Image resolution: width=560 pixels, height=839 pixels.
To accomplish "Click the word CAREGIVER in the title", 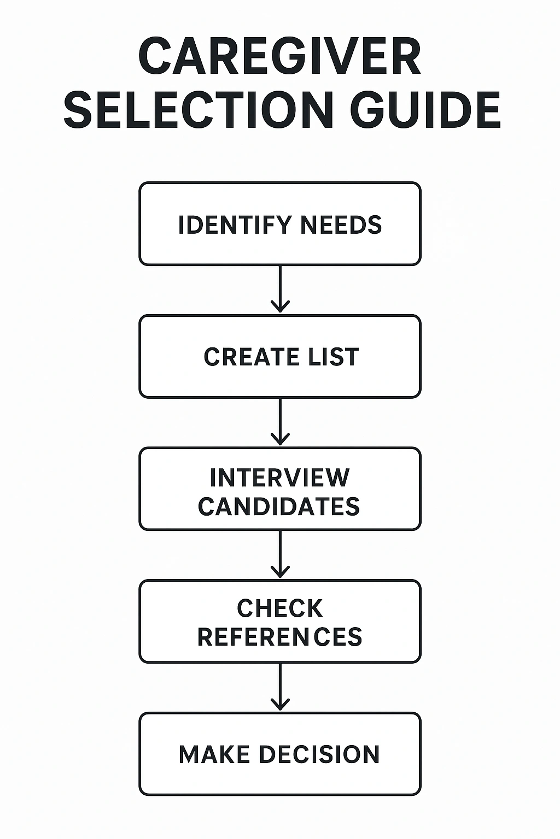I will (x=279, y=57).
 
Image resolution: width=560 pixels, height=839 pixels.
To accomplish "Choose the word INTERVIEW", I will (x=279, y=478).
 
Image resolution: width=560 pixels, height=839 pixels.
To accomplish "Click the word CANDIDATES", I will (x=279, y=506).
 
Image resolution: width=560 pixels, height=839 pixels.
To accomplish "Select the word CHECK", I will (x=279, y=608).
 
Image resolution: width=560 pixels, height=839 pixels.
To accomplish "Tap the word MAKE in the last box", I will (x=214, y=754).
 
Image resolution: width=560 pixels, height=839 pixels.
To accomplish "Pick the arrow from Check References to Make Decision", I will (x=280, y=686).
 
